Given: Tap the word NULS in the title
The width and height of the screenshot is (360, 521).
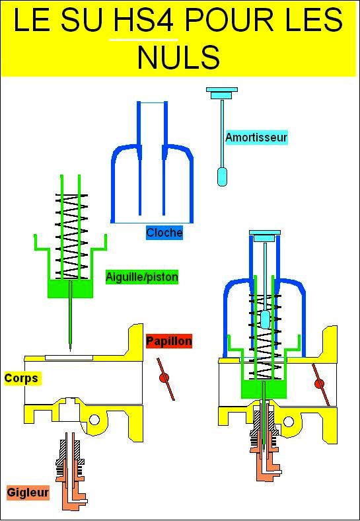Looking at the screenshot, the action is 179,56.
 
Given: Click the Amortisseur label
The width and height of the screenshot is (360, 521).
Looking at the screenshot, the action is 256,138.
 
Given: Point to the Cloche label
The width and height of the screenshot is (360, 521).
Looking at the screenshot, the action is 164,233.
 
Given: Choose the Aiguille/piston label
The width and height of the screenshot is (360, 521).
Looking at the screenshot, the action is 142,277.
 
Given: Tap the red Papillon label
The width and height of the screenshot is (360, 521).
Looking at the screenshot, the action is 169,341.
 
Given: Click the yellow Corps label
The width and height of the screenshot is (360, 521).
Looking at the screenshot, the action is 21,378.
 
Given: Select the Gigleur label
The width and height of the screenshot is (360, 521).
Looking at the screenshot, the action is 28,492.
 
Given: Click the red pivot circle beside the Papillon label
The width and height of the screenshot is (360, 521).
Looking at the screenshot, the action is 163,378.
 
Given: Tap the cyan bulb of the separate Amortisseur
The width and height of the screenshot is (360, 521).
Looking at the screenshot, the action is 222,177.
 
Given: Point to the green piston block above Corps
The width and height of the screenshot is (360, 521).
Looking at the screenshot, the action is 71,289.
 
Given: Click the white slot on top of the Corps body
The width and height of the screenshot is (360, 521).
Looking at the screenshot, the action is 69,358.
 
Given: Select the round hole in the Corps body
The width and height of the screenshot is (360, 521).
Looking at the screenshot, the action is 94,420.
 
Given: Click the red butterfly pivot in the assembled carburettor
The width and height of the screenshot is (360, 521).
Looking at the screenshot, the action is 319,384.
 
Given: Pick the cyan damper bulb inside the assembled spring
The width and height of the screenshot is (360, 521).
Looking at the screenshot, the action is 265,319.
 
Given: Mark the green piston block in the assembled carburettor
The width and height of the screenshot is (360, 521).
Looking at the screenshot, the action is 264,389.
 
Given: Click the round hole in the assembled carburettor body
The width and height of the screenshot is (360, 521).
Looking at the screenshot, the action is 289,422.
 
